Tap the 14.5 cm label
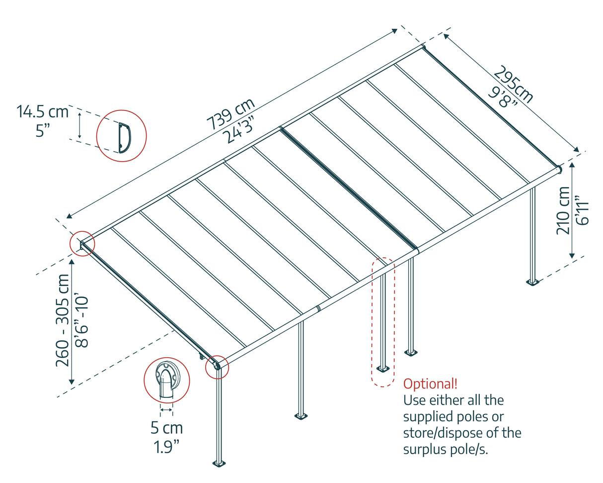pyautogui.click(x=43, y=111)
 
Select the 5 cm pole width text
pyautogui.click(x=166, y=428)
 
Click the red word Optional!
pyautogui.click(x=430, y=384)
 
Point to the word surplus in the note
pyautogui.click(x=428, y=449)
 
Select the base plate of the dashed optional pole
pyautogui.click(x=383, y=369)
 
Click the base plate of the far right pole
pyautogui.click(x=533, y=283)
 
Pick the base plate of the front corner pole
pyautogui.click(x=219, y=464)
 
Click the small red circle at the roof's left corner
pyautogui.click(x=81, y=244)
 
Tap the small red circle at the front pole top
pyautogui.click(x=217, y=367)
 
